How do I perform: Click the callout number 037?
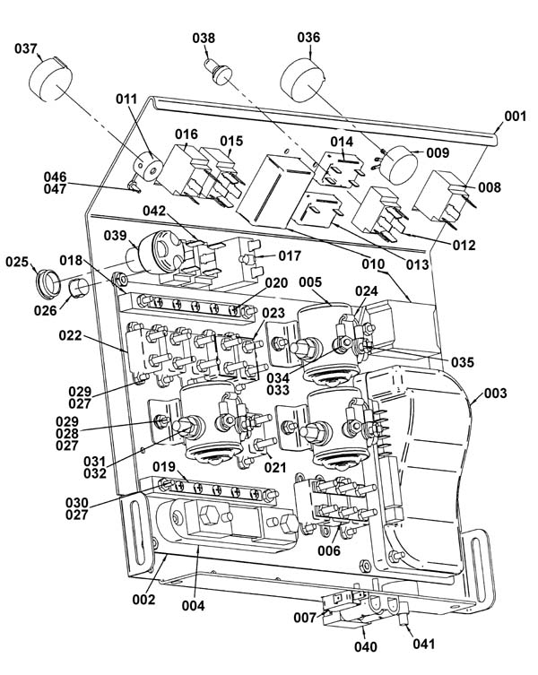pos(26,48)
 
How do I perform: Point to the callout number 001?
pos(516,116)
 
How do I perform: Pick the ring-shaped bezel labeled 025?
pos(48,282)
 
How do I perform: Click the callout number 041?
pos(424,644)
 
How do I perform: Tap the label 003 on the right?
pos(495,393)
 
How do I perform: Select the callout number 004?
pos(193,606)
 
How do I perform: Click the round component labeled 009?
pos(398,164)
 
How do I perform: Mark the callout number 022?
pos(70,335)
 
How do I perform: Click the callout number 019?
pos(164,466)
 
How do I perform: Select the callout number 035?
pos(462,362)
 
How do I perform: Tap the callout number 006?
pos(329,550)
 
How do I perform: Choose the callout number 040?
pos(365,646)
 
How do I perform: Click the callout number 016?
pos(187,134)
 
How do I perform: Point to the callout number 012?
pos(464,245)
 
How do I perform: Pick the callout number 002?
pos(143,599)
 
